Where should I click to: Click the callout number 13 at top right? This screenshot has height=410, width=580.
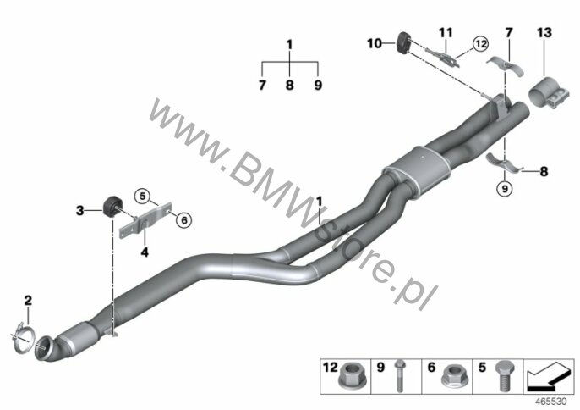pos(544,33)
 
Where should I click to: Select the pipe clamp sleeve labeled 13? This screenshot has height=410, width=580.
pos(547,92)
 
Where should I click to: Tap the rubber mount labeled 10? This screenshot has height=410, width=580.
pos(403,43)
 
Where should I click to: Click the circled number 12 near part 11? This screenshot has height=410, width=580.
pos(480,44)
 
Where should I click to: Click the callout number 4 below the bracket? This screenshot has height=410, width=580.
pos(145,252)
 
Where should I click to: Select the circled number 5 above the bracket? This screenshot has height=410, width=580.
pos(143,196)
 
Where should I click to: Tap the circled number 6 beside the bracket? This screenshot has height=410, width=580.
pos(183,220)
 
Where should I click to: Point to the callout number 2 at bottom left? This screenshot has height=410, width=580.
pos(28,301)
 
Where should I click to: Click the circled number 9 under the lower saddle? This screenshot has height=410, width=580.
pos(505,188)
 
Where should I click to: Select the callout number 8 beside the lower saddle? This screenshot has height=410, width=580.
pos(544,172)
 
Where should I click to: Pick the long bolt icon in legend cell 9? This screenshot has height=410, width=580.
pos(399,375)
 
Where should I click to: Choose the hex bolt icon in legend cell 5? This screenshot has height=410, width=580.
pos(503,375)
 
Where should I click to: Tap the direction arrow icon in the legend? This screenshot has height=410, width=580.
pos(549,377)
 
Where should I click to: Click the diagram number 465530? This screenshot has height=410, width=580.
pos(551,402)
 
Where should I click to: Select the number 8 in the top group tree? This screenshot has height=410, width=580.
pos(290,86)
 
